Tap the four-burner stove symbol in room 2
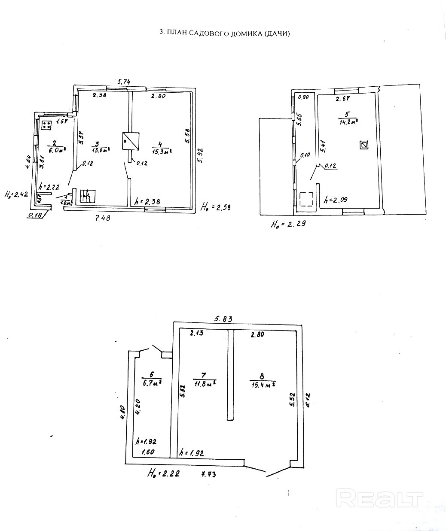coord(47,125)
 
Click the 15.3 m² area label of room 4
coord(162,150)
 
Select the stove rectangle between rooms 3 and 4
coord(131,141)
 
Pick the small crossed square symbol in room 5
coord(364,145)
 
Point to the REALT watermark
coord(380,499)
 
